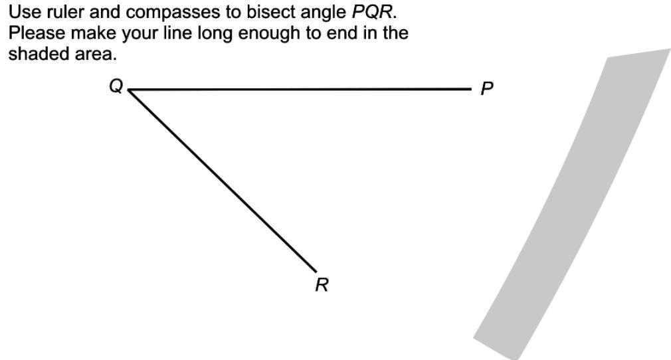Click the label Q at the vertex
pyautogui.click(x=116, y=86)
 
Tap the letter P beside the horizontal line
pyautogui.click(x=487, y=89)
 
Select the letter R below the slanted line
pyautogui.click(x=322, y=285)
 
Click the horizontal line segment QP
pyautogui.click(x=299, y=89)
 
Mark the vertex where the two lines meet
pyautogui.click(x=128, y=90)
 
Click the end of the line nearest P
pyautogui.click(x=470, y=88)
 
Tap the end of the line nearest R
pyautogui.click(x=316, y=271)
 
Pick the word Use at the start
pyautogui.click(x=23, y=12)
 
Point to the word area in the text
pyautogui.click(x=95, y=54)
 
